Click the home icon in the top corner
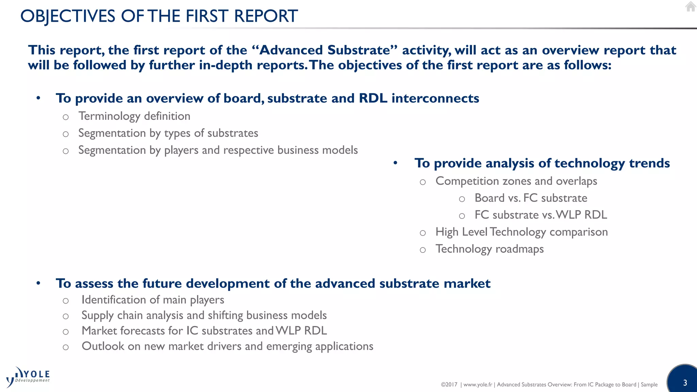click(x=690, y=6)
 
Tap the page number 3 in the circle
click(x=685, y=383)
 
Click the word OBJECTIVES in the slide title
click(x=68, y=16)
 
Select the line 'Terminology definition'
click(x=134, y=116)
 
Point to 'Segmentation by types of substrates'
click(x=168, y=133)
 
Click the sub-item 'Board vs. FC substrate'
click(x=531, y=198)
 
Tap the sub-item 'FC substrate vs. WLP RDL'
click(x=540, y=215)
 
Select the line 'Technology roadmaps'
click(x=489, y=249)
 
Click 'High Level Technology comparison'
click(x=521, y=232)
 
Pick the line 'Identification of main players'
click(x=152, y=300)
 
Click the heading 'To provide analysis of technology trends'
click(x=542, y=163)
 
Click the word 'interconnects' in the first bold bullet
click(x=435, y=98)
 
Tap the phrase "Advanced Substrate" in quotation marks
click(x=325, y=50)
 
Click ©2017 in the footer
click(x=449, y=385)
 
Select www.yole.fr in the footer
click(x=477, y=385)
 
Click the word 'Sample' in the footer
click(x=649, y=385)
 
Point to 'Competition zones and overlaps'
click(x=516, y=181)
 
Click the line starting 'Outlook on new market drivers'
click(x=227, y=346)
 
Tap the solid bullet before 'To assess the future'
click(x=38, y=283)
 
